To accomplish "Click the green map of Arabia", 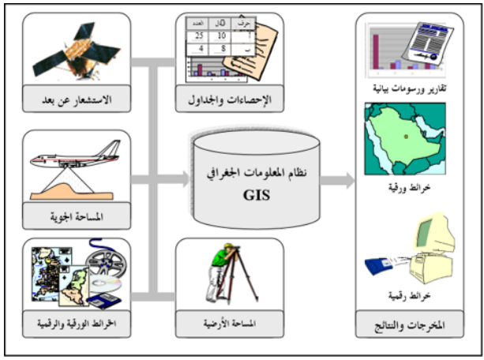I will (x=403, y=139).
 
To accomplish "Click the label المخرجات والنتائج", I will (x=405, y=324).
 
